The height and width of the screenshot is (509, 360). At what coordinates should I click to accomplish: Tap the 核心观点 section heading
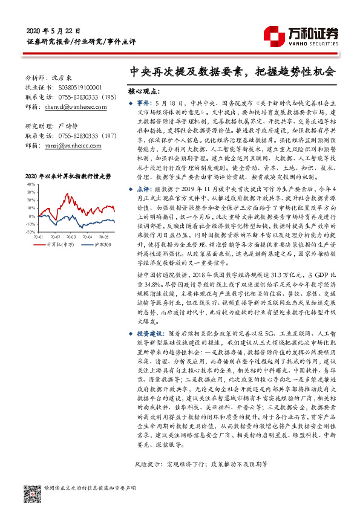click(145, 92)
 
